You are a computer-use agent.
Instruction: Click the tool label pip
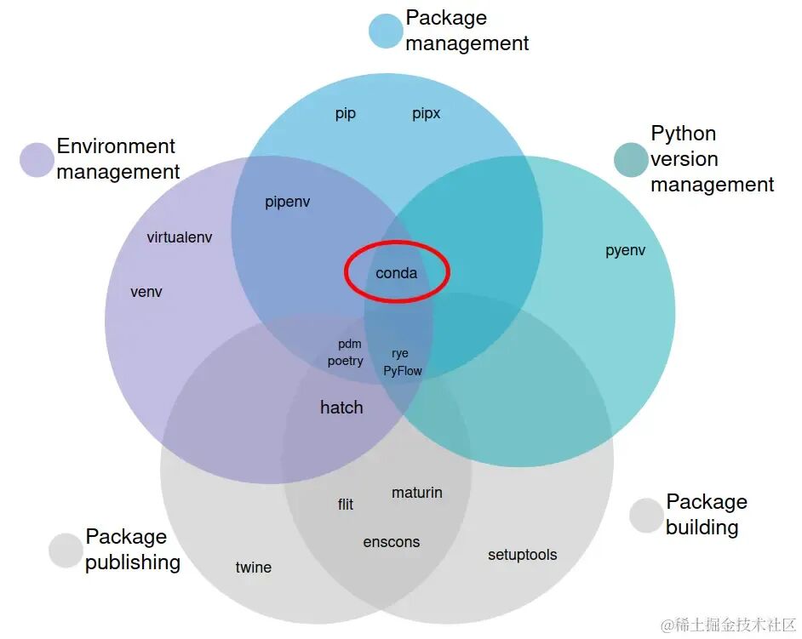(346, 113)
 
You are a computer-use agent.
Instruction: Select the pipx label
(426, 113)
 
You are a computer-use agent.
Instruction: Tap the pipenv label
(288, 202)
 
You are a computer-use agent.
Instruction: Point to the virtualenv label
(179, 237)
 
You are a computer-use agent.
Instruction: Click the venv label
(146, 292)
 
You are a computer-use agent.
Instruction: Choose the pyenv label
(626, 250)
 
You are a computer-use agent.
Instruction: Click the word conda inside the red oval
(397, 273)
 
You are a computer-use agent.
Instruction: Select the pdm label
(350, 344)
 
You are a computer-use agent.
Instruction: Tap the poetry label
(346, 362)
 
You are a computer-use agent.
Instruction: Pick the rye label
(400, 354)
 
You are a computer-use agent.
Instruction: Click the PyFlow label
(403, 371)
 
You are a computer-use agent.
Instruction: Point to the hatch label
(341, 408)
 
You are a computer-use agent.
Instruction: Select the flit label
(346, 504)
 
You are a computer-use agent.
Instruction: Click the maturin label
(417, 493)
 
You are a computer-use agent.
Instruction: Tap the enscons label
(392, 542)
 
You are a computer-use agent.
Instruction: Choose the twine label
(253, 567)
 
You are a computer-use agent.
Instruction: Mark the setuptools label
(522, 555)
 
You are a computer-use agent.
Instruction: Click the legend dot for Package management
(386, 31)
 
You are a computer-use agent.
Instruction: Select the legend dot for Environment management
(37, 159)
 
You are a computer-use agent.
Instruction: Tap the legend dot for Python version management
(631, 159)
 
